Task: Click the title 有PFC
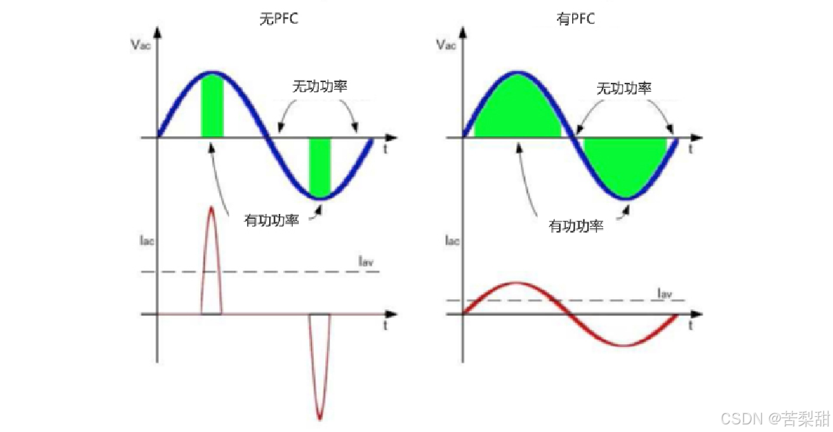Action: click(575, 19)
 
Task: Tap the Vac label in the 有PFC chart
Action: click(444, 46)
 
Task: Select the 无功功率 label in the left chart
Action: click(319, 87)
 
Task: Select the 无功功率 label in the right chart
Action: click(624, 88)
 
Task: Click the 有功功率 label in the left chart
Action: click(271, 221)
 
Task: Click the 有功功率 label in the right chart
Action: click(576, 226)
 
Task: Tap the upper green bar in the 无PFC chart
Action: click(212, 107)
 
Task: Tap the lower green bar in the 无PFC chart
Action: click(320, 166)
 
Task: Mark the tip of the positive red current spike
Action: click(211, 207)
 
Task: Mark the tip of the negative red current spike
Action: click(320, 418)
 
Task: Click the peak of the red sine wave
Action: click(514, 283)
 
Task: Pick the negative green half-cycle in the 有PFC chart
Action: click(625, 166)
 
